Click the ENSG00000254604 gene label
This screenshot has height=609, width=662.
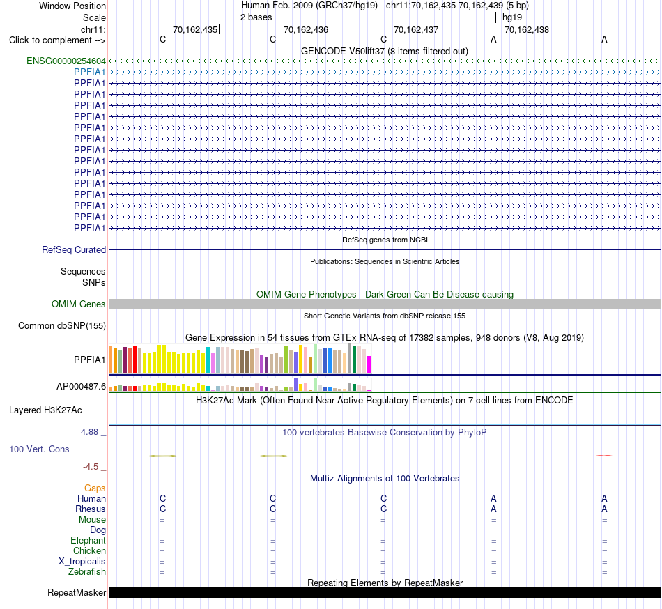[x=66, y=61]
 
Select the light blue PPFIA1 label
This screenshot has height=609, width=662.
[x=89, y=72]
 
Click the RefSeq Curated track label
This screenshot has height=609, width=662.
[x=74, y=250]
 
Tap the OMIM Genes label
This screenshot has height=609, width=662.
[x=79, y=304]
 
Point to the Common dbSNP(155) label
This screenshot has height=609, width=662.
[x=62, y=326]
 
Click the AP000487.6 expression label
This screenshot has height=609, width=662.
[x=81, y=387]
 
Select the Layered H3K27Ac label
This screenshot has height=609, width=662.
[x=45, y=410]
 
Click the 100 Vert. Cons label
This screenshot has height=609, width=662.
[x=39, y=449]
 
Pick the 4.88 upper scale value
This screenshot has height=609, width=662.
[x=89, y=432]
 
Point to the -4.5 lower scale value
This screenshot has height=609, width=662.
[x=91, y=467]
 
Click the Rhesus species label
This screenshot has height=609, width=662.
[x=91, y=509]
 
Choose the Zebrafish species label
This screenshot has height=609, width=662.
[x=87, y=572]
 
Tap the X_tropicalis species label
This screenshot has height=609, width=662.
[x=82, y=562]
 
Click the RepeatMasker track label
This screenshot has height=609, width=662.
[x=77, y=593]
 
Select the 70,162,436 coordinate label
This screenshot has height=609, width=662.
[x=306, y=30]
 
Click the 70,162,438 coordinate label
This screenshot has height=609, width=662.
[x=527, y=30]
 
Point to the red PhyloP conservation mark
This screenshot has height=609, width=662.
[x=603, y=456]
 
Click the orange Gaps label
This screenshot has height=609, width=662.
[x=95, y=488]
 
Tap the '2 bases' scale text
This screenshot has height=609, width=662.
[x=256, y=17]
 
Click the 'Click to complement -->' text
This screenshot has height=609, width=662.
[x=57, y=40]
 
